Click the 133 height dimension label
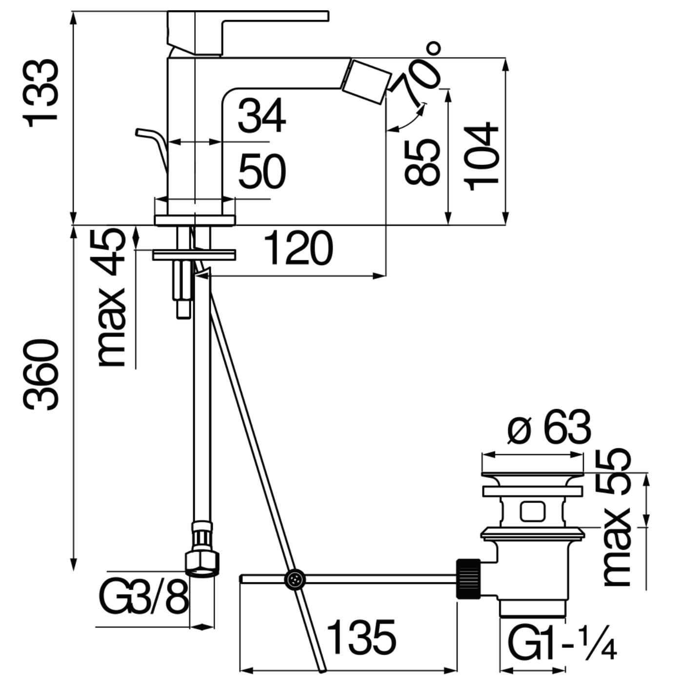(40, 93)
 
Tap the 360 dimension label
(40, 375)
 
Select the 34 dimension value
(261, 116)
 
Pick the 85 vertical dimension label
(422, 162)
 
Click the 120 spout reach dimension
(299, 248)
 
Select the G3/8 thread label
(143, 599)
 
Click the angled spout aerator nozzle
(366, 82)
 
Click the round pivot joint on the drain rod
(295, 580)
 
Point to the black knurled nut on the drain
(468, 579)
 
